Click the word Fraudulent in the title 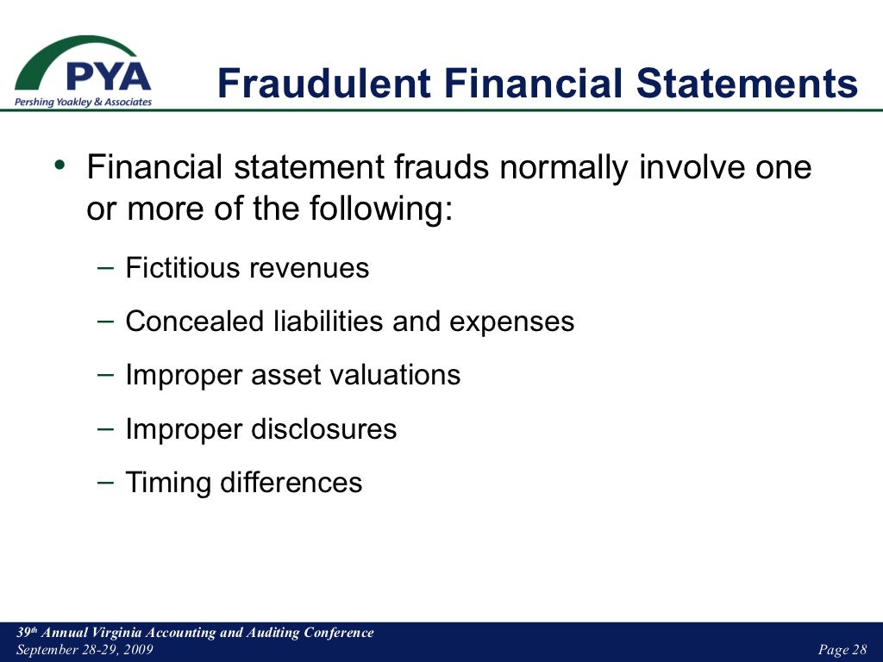coord(323,84)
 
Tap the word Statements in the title coord(747,84)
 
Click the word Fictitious coord(184,268)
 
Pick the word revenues coord(309,269)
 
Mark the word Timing coord(168,483)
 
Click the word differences coord(291,482)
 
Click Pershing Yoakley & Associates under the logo coord(83,102)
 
